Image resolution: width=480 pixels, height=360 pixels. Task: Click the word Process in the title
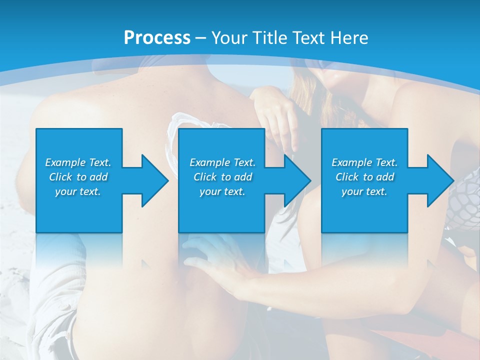click(x=157, y=38)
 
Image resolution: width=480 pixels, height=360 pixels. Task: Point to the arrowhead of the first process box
click(x=155, y=180)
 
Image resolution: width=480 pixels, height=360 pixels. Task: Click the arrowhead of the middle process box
click(x=297, y=180)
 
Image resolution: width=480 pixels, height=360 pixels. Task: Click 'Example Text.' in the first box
click(x=78, y=162)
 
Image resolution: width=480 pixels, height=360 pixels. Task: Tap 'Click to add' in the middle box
click(x=222, y=177)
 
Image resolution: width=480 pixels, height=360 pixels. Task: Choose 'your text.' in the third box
click(x=364, y=191)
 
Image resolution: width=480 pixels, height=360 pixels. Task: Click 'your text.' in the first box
click(x=78, y=191)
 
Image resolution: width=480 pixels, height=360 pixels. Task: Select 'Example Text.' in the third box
click(x=364, y=162)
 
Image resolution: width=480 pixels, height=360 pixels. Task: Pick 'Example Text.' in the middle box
click(x=222, y=162)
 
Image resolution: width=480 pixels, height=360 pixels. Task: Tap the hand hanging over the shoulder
click(x=280, y=120)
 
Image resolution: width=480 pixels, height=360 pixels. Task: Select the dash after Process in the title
click(x=201, y=38)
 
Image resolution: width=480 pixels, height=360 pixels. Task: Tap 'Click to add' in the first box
click(x=78, y=177)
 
